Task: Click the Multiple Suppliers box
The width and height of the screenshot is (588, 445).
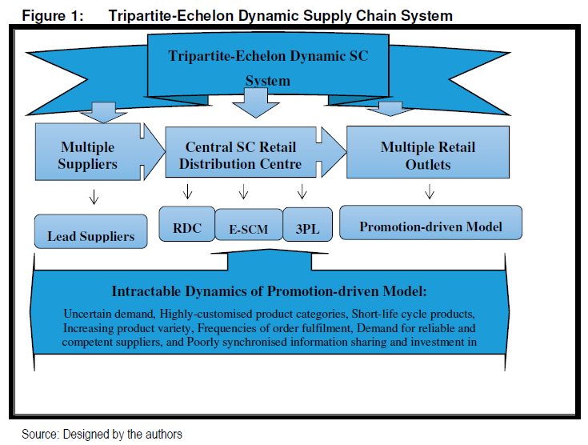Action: point(88,152)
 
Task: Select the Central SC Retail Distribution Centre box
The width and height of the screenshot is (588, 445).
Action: point(241,152)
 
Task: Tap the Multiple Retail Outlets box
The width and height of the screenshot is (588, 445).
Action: point(428,152)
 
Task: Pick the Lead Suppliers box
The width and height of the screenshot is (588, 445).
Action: point(90,231)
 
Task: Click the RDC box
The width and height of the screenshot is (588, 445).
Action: point(187,223)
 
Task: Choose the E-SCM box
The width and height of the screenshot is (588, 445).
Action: point(249,224)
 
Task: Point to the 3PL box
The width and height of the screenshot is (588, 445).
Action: point(307,224)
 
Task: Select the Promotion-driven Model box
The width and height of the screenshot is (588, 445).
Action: point(431,222)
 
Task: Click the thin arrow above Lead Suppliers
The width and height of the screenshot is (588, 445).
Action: point(94,196)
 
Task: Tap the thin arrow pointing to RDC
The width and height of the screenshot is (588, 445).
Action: point(187,191)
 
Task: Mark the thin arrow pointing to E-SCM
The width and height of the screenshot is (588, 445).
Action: point(244,191)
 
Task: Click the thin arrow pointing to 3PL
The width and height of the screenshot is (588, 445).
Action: point(302,191)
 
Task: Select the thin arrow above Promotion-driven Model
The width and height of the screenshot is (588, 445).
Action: point(430,191)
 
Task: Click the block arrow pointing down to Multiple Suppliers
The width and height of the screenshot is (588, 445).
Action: point(103,112)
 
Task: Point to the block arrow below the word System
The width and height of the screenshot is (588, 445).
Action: point(256,102)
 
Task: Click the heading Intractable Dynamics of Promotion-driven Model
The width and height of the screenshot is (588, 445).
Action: point(270,291)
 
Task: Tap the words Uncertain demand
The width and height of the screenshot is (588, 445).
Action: point(109,314)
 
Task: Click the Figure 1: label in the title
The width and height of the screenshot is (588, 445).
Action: point(53,16)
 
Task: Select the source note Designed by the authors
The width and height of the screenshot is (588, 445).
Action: point(122,434)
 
